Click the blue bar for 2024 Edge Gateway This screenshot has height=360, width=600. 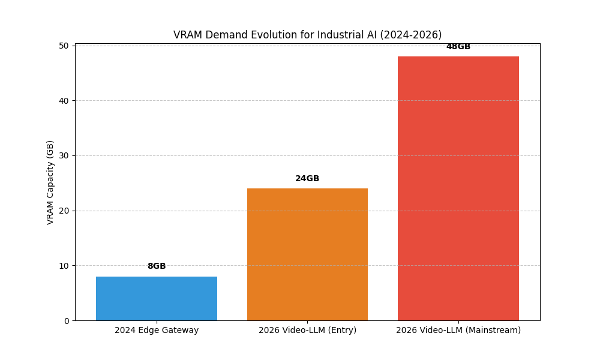tap(157, 298)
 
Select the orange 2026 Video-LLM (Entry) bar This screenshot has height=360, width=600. tap(307, 254)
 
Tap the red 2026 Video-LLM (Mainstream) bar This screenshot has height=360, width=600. tap(458, 188)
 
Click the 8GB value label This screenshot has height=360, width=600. tap(157, 266)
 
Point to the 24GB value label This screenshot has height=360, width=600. tap(307, 179)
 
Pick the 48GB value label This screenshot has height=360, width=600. tap(458, 47)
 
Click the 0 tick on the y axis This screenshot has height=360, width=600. tap(67, 321)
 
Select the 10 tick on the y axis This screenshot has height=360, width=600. tap(64, 266)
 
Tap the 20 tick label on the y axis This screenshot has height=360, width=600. tap(64, 211)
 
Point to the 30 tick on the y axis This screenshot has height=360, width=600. tap(64, 155)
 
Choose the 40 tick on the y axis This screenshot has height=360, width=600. tap(64, 101)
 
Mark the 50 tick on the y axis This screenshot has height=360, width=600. tap(64, 46)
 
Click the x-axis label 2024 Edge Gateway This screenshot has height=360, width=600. tap(157, 331)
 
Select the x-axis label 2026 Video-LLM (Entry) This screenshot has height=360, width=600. tap(307, 331)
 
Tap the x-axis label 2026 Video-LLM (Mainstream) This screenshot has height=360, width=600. tap(458, 331)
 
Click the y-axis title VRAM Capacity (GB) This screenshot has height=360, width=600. tap(50, 182)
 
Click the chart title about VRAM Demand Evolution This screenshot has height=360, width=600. tap(307, 35)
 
